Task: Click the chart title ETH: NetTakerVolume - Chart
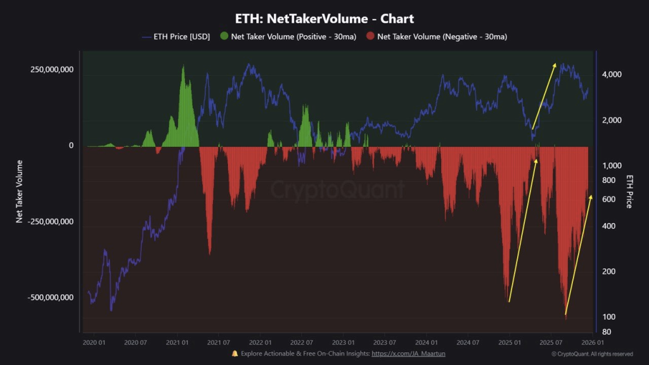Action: (x=324, y=19)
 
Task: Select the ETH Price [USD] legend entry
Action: (x=176, y=37)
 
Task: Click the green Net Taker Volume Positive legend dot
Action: (x=224, y=37)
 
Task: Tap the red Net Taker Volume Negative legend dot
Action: (x=370, y=37)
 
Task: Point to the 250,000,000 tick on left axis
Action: (x=52, y=69)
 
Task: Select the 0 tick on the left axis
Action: (x=71, y=146)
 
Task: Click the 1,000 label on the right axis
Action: (x=610, y=165)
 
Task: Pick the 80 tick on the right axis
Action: (x=606, y=332)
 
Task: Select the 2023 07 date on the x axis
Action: (x=384, y=342)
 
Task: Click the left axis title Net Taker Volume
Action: (x=20, y=191)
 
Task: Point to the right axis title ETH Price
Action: (x=629, y=191)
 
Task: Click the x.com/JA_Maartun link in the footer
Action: (x=408, y=354)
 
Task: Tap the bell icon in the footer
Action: (x=235, y=354)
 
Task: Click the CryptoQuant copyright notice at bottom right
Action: (x=592, y=354)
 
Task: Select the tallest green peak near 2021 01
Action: (x=183, y=67)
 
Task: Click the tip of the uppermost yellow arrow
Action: (x=555, y=63)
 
